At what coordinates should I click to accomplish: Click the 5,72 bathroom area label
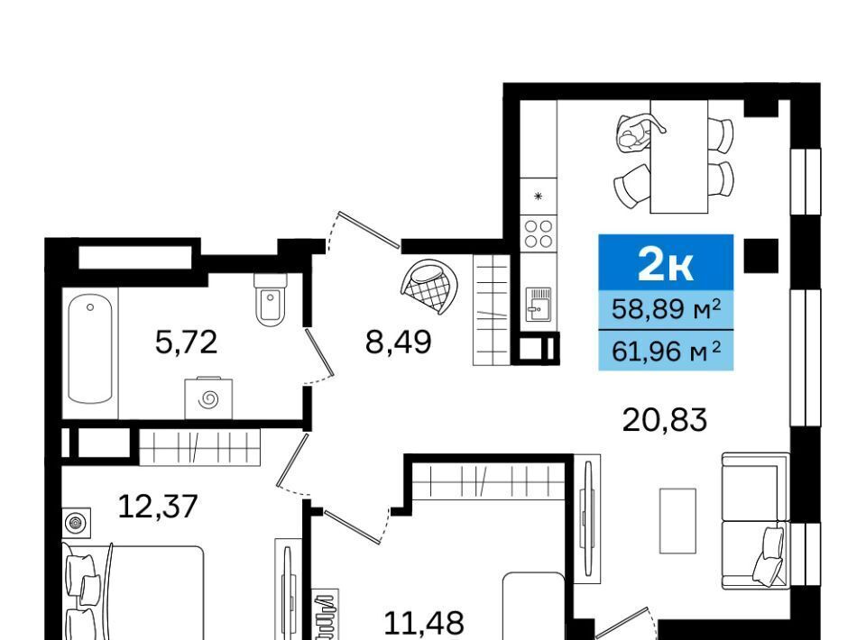[186, 342]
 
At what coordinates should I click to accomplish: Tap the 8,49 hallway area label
[398, 342]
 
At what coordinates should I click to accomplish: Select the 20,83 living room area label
[665, 420]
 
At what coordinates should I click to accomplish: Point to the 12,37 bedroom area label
[158, 507]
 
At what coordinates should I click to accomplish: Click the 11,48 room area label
[424, 624]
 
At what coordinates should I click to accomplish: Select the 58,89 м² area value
[666, 309]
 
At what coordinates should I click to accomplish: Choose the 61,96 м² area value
[666, 351]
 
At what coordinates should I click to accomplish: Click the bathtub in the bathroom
[90, 349]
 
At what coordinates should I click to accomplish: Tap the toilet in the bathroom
[270, 299]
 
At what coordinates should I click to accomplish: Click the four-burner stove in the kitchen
[539, 233]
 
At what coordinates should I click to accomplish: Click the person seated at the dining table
[635, 133]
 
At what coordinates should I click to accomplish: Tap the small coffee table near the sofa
[677, 520]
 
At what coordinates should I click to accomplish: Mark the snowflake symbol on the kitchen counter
[539, 196]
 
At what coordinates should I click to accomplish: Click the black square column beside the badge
[761, 255]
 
